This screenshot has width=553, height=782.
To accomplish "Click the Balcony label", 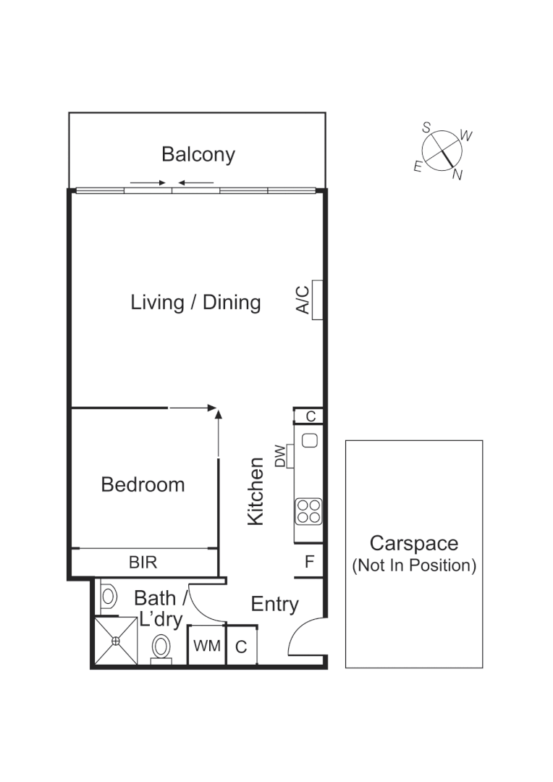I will (x=198, y=154).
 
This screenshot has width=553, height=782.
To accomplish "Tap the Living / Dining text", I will (x=195, y=302).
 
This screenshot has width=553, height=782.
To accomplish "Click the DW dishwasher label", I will (x=280, y=455).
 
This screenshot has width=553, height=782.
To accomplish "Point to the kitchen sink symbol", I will (x=310, y=440).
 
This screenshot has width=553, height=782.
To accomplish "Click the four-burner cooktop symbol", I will (x=308, y=510).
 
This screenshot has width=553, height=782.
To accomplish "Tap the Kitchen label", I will (x=256, y=491).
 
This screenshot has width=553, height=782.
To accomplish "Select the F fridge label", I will (x=309, y=562).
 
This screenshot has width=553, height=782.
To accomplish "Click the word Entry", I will (x=274, y=604).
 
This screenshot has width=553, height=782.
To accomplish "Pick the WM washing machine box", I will (x=207, y=646).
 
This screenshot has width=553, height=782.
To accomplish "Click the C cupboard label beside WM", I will (x=242, y=647).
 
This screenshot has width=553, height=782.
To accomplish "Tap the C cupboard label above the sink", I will (x=310, y=416).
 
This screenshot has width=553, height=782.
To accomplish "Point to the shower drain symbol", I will (x=115, y=640).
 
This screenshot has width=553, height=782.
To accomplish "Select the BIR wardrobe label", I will (x=143, y=562).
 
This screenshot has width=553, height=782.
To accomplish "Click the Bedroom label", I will (x=143, y=484).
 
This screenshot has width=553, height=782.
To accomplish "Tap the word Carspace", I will (x=413, y=543).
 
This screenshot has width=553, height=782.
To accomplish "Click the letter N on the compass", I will (x=457, y=175).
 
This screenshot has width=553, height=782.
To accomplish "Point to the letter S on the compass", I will (x=427, y=127).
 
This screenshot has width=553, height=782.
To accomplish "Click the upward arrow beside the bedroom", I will (x=218, y=432).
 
